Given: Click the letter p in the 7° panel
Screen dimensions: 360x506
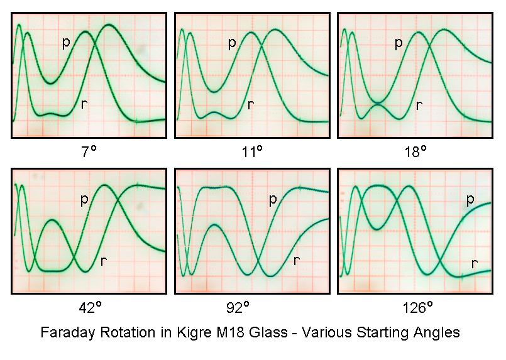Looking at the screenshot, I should (x=66, y=43).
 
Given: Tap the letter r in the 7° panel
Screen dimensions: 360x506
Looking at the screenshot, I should (x=84, y=104).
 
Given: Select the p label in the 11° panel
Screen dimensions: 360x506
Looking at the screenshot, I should (x=232, y=43).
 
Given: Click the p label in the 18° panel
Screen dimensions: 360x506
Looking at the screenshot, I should (x=398, y=43).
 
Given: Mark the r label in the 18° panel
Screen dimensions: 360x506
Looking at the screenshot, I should (x=419, y=104).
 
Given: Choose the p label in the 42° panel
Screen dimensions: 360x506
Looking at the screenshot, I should (x=84, y=200).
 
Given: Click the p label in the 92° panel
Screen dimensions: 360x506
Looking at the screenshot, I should (x=273, y=200).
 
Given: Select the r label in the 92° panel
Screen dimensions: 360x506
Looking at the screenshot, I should (x=296, y=260).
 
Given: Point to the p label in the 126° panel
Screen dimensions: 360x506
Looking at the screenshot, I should (x=470, y=200).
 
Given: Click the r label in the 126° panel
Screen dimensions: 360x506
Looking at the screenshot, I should (x=475, y=263).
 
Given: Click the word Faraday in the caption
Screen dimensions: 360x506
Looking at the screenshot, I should (x=65, y=332).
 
